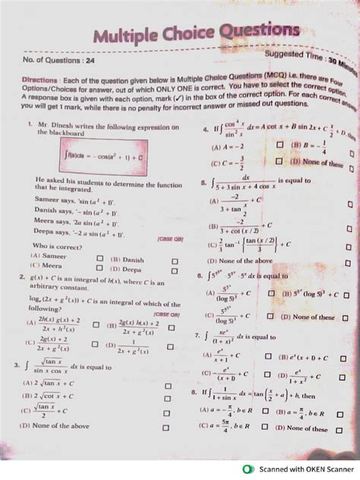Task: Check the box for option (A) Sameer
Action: (x=99, y=258)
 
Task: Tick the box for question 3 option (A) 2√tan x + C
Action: (x=168, y=384)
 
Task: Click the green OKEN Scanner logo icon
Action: (x=247, y=469)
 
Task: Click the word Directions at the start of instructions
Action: (x=40, y=79)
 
